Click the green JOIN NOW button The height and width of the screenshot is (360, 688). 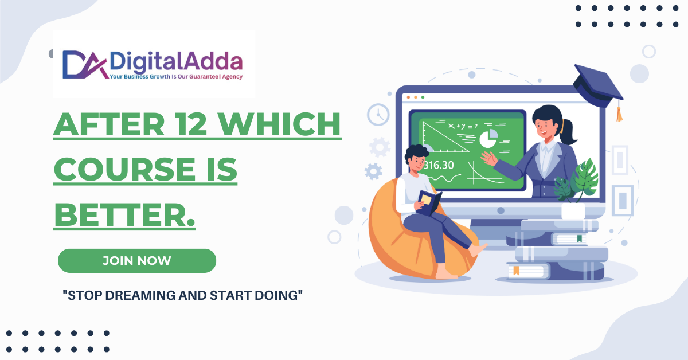[137, 261]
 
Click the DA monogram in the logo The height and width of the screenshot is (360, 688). [85, 65]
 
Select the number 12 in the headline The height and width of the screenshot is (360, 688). [190, 124]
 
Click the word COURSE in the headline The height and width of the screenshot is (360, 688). [124, 169]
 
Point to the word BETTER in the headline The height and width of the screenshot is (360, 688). [120, 214]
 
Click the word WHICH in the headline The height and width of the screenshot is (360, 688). [280, 124]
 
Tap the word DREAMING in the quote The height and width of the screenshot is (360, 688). [140, 295]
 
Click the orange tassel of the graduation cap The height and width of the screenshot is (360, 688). [619, 112]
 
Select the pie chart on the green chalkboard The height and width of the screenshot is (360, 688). [488, 139]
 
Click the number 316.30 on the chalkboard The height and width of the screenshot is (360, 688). [439, 165]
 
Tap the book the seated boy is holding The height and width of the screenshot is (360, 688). [429, 203]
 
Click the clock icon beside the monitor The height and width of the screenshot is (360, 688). [378, 115]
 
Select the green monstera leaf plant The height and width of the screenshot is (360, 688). [577, 181]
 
